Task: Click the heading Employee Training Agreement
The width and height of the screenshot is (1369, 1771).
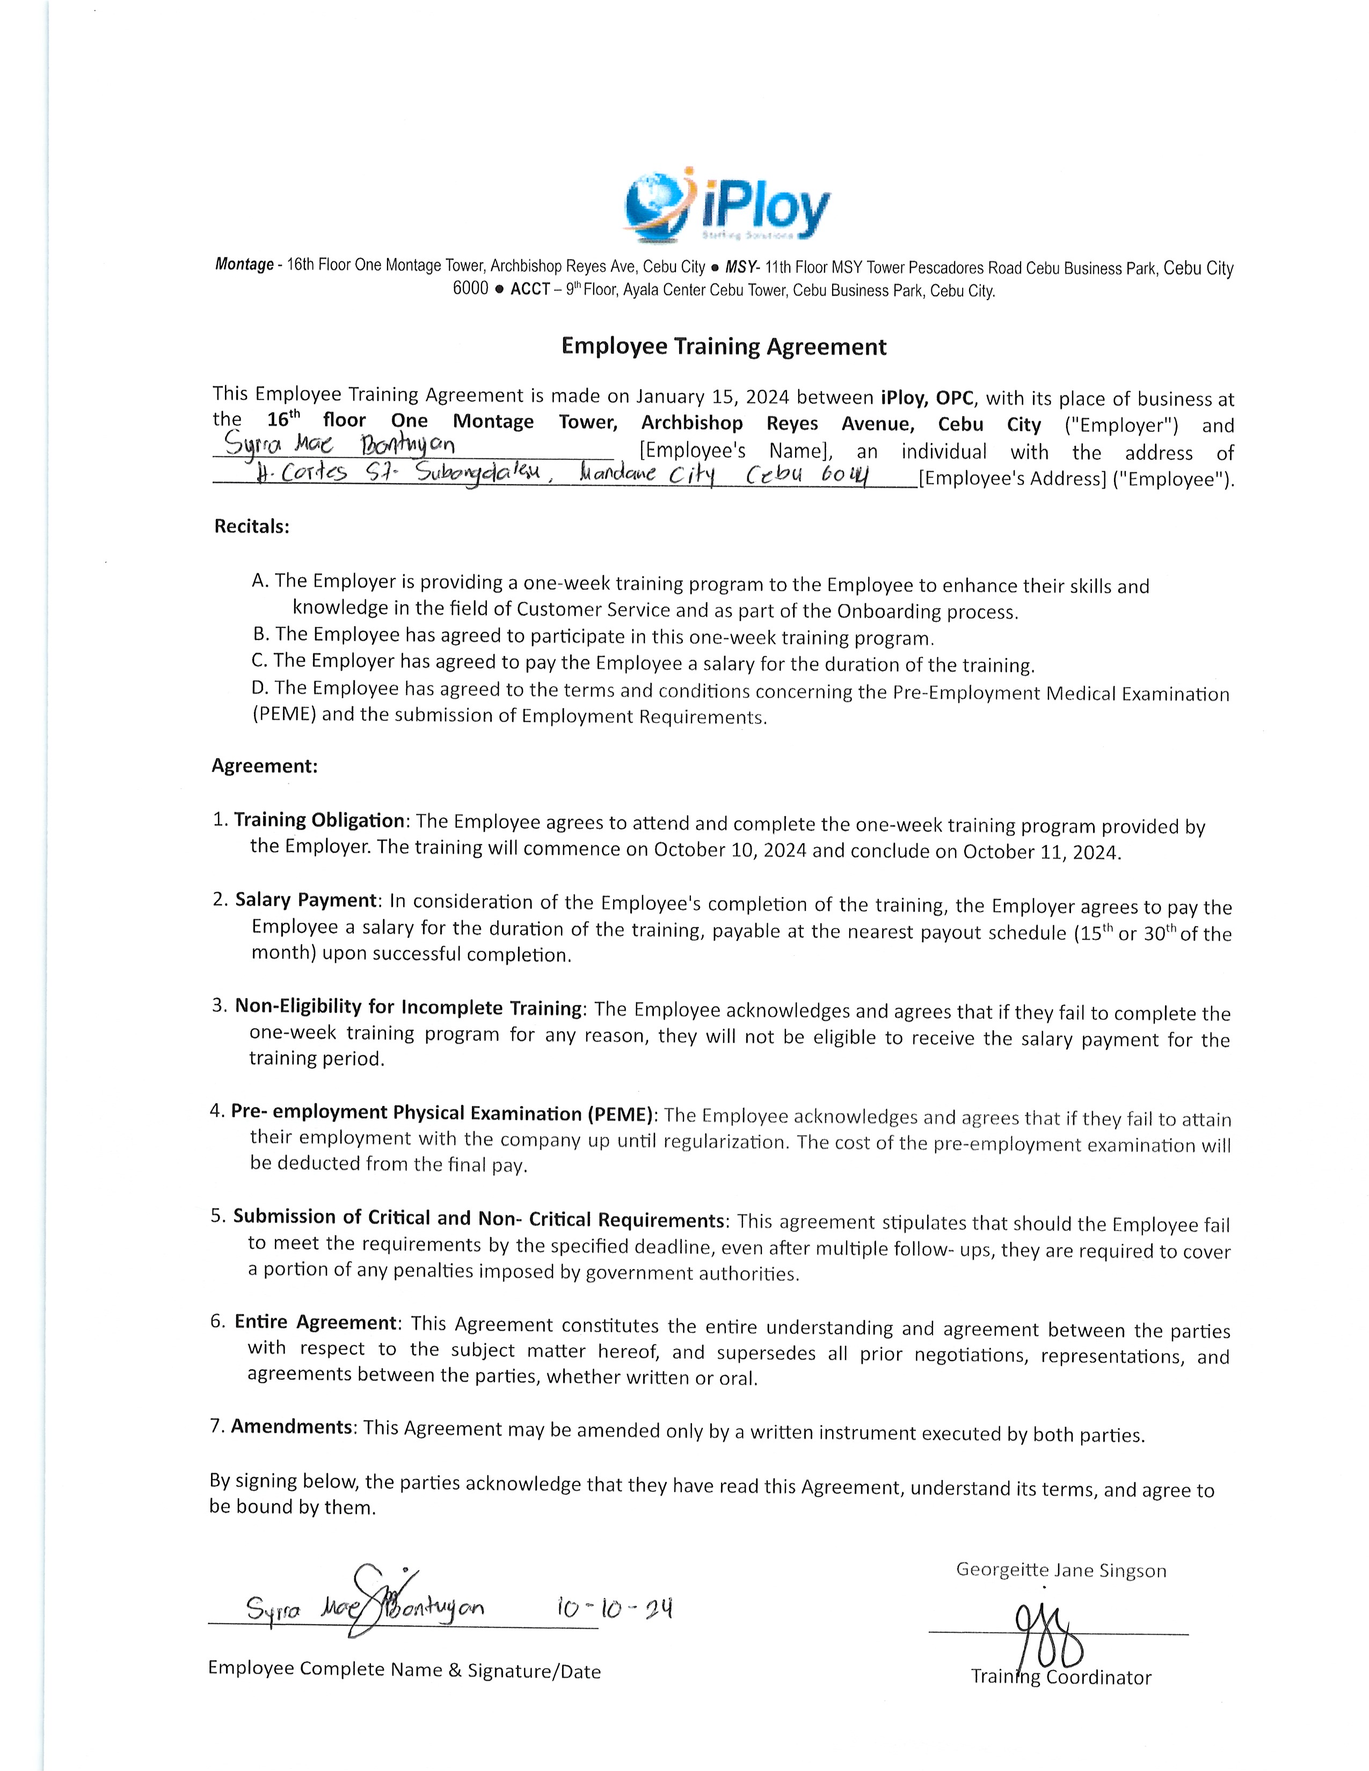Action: click(x=724, y=347)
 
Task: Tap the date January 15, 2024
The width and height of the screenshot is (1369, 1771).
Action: click(x=711, y=397)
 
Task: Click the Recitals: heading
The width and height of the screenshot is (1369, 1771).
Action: click(x=251, y=526)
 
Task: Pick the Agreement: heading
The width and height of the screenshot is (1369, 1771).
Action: click(x=264, y=766)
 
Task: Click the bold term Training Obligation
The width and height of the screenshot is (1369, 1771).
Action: click(x=319, y=821)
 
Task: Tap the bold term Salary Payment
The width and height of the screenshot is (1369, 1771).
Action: click(x=306, y=900)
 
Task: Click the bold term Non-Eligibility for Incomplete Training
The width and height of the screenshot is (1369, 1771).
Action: click(x=409, y=1007)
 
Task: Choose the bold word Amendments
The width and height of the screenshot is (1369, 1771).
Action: click(x=292, y=1426)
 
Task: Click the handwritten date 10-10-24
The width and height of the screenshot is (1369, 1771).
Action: click(x=614, y=1608)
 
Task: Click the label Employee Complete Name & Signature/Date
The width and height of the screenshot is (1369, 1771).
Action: click(x=404, y=1670)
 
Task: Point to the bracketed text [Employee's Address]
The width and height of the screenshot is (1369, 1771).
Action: click(x=1012, y=479)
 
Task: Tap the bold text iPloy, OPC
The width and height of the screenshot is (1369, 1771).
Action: click(x=927, y=398)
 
